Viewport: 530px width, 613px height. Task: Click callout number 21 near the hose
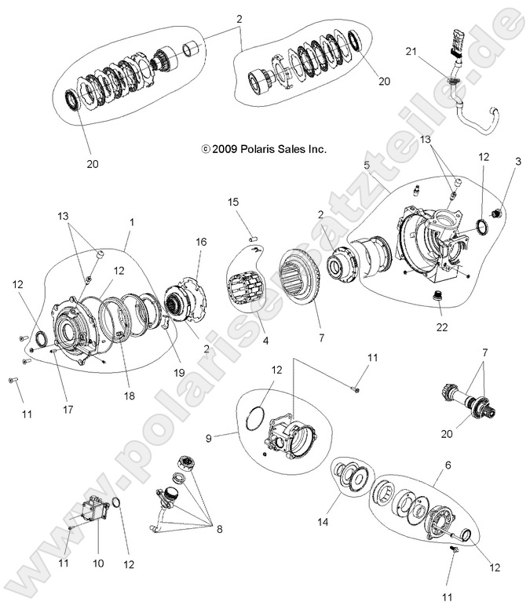[431, 52]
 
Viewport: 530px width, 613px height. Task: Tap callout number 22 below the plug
[444, 326]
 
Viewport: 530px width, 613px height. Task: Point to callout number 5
[367, 166]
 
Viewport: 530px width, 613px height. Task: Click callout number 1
[131, 222]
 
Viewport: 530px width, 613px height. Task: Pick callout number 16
[201, 243]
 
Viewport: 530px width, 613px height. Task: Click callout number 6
[448, 465]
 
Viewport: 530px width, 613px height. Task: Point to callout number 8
[220, 530]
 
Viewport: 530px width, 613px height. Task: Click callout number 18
[128, 397]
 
